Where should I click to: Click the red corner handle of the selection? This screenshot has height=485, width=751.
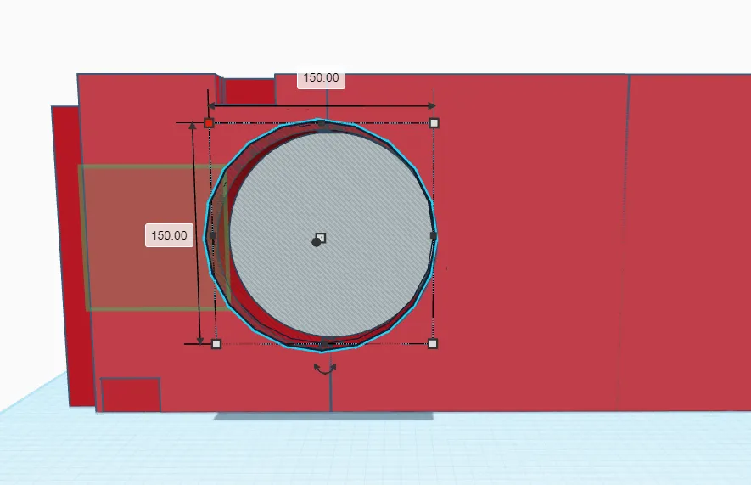(209, 123)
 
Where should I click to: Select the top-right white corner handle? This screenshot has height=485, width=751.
(434, 123)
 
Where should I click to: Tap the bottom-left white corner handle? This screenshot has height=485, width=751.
(216, 344)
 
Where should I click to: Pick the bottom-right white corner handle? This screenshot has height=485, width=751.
(433, 344)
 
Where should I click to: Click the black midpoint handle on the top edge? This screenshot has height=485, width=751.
(321, 123)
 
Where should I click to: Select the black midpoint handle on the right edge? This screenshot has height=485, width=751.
(434, 234)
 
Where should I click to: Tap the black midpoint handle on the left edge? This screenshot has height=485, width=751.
(212, 235)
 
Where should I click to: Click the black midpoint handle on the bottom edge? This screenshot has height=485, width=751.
(324, 343)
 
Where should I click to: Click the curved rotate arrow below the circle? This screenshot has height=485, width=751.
(325, 369)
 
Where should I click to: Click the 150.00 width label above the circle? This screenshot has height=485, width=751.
(321, 78)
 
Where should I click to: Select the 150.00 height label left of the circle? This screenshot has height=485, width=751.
(169, 235)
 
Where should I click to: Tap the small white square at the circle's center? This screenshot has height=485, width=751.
(321, 238)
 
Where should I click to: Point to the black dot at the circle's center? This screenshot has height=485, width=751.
(316, 242)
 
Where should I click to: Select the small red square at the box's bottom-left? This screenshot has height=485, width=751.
(131, 395)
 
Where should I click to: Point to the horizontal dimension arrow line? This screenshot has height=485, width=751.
(373, 106)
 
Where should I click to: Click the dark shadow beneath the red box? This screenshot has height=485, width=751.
(322, 417)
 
